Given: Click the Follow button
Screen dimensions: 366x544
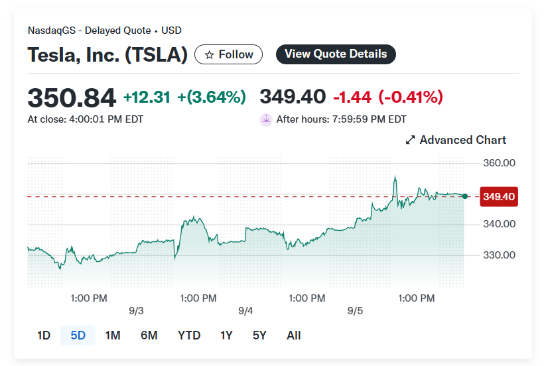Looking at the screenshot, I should click(x=228, y=54).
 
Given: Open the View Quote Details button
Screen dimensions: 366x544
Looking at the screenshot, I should click(x=336, y=54).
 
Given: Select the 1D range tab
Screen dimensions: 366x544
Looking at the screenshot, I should click(x=44, y=335).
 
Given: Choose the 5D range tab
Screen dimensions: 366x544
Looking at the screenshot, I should click(x=78, y=335).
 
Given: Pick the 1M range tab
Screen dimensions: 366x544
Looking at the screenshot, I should click(x=113, y=335).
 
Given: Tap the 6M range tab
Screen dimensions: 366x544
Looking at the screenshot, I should click(x=149, y=335).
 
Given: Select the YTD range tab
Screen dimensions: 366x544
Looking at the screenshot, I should click(x=189, y=335).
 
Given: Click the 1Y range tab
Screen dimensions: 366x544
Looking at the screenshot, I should click(x=226, y=335).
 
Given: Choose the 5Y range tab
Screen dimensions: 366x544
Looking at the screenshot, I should click(x=259, y=335).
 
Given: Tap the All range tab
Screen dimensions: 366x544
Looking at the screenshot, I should click(x=294, y=335).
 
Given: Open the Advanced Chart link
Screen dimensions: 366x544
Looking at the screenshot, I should click(x=456, y=140).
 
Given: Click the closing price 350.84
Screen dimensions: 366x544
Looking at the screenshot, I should click(x=72, y=97).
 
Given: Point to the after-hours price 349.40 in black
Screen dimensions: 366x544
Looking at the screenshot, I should click(x=293, y=97).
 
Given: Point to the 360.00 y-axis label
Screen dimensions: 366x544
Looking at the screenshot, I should click(x=500, y=163).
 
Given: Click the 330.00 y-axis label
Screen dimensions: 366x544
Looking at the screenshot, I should click(x=500, y=255).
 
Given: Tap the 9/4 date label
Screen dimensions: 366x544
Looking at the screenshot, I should click(x=245, y=311).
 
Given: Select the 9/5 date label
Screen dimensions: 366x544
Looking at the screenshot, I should click(x=355, y=311).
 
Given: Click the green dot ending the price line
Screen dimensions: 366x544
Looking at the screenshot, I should click(x=464, y=196).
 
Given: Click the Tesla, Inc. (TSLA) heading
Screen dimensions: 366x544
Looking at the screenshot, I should click(x=107, y=54).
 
